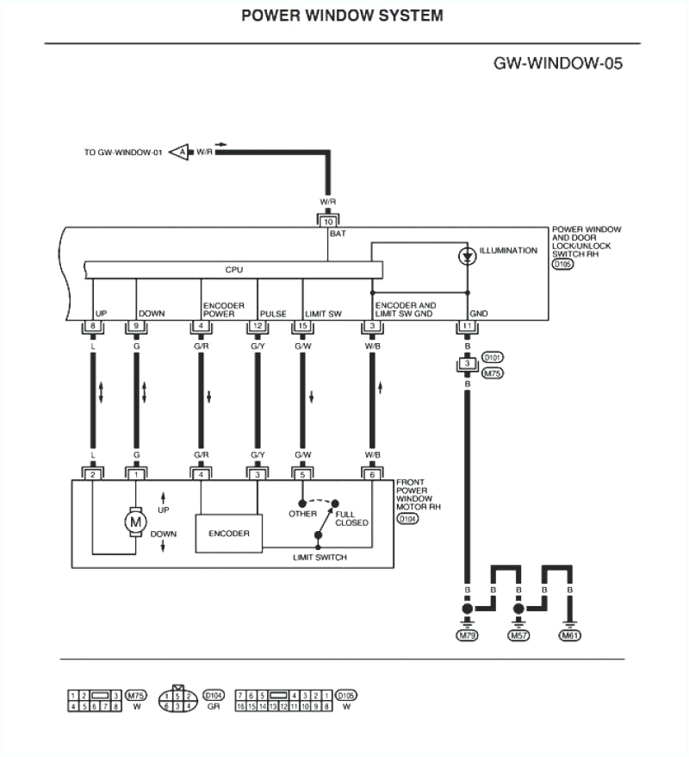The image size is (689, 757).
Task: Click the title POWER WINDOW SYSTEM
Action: coord(342,16)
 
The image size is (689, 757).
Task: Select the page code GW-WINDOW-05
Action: coord(557,63)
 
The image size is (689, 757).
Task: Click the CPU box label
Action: coord(233,270)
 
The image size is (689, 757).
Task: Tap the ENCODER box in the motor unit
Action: coord(229,534)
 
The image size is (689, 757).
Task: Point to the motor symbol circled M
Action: coord(135,522)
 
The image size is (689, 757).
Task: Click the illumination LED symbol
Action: coord(467,256)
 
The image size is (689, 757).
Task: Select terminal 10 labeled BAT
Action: coord(328,222)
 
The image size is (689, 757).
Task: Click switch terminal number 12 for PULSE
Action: coord(256,326)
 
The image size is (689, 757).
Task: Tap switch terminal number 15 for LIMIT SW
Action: coord(301,326)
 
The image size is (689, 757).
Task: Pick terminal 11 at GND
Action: coord(467,326)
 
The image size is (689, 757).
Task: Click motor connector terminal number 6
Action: coord(372,473)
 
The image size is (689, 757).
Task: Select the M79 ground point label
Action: coord(467,635)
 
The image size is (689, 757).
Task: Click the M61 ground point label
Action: coord(570,635)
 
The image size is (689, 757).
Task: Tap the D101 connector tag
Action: coord(493,355)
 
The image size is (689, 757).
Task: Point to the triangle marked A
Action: coord(180,153)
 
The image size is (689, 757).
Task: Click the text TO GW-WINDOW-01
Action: coord(122,153)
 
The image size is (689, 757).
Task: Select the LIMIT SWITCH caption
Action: coord(320,558)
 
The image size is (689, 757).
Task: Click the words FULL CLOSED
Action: coord(351,518)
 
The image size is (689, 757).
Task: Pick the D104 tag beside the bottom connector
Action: coord(214,694)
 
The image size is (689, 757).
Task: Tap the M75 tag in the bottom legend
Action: coord(135,694)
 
